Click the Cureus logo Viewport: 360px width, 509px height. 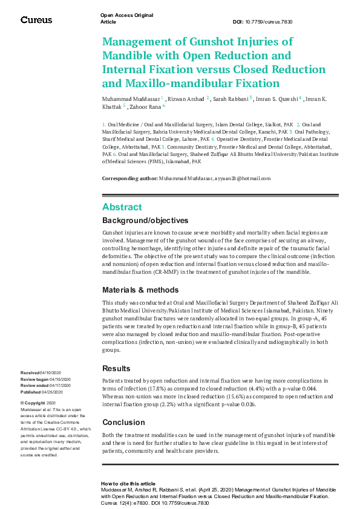(36, 20)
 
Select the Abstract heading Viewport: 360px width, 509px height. (122, 207)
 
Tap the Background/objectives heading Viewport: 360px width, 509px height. (145, 221)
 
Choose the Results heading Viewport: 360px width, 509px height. (116, 368)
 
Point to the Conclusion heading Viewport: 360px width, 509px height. (123, 423)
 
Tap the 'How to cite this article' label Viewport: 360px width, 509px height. (128, 484)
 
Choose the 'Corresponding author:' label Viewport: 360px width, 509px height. (129, 178)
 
